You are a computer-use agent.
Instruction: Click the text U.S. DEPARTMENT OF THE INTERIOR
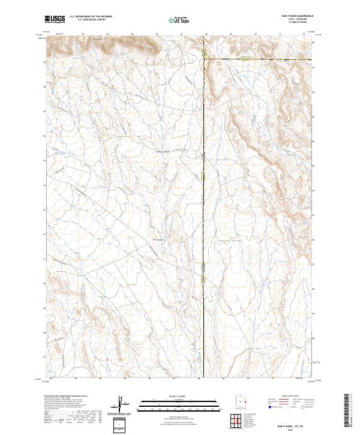click(x=91, y=17)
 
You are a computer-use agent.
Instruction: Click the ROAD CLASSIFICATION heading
click(x=290, y=397)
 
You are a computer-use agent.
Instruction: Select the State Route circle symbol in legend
click(x=304, y=407)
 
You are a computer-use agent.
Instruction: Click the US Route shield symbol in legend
click(x=286, y=407)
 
